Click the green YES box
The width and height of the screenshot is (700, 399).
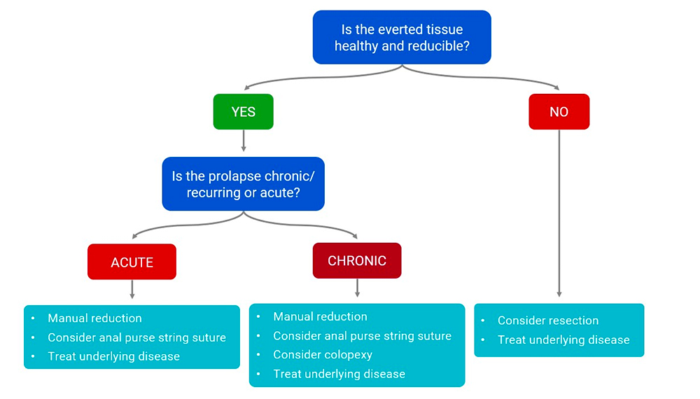point(243,112)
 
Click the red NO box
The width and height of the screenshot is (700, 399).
point(559,112)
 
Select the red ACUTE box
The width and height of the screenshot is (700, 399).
point(132,262)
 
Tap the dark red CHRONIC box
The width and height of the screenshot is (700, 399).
point(356,260)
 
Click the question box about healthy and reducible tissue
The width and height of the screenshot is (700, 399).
point(402,38)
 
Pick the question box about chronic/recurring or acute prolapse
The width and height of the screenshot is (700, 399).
point(243,184)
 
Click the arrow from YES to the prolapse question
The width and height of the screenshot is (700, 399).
point(243,141)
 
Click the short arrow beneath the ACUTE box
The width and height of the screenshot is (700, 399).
point(132,289)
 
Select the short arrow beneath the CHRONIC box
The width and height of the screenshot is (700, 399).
point(357,288)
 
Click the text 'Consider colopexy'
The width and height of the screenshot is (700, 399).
point(323,355)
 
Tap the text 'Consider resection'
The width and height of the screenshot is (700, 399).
point(547,321)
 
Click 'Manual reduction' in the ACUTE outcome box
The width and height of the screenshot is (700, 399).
point(94,318)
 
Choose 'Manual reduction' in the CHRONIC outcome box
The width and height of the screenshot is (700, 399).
point(320,317)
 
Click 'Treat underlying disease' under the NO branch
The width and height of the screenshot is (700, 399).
point(563,340)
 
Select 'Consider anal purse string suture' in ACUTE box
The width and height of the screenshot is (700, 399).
point(136,337)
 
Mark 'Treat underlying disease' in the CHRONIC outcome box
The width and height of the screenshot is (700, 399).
point(339,374)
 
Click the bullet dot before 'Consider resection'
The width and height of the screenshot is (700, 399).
point(483,321)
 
